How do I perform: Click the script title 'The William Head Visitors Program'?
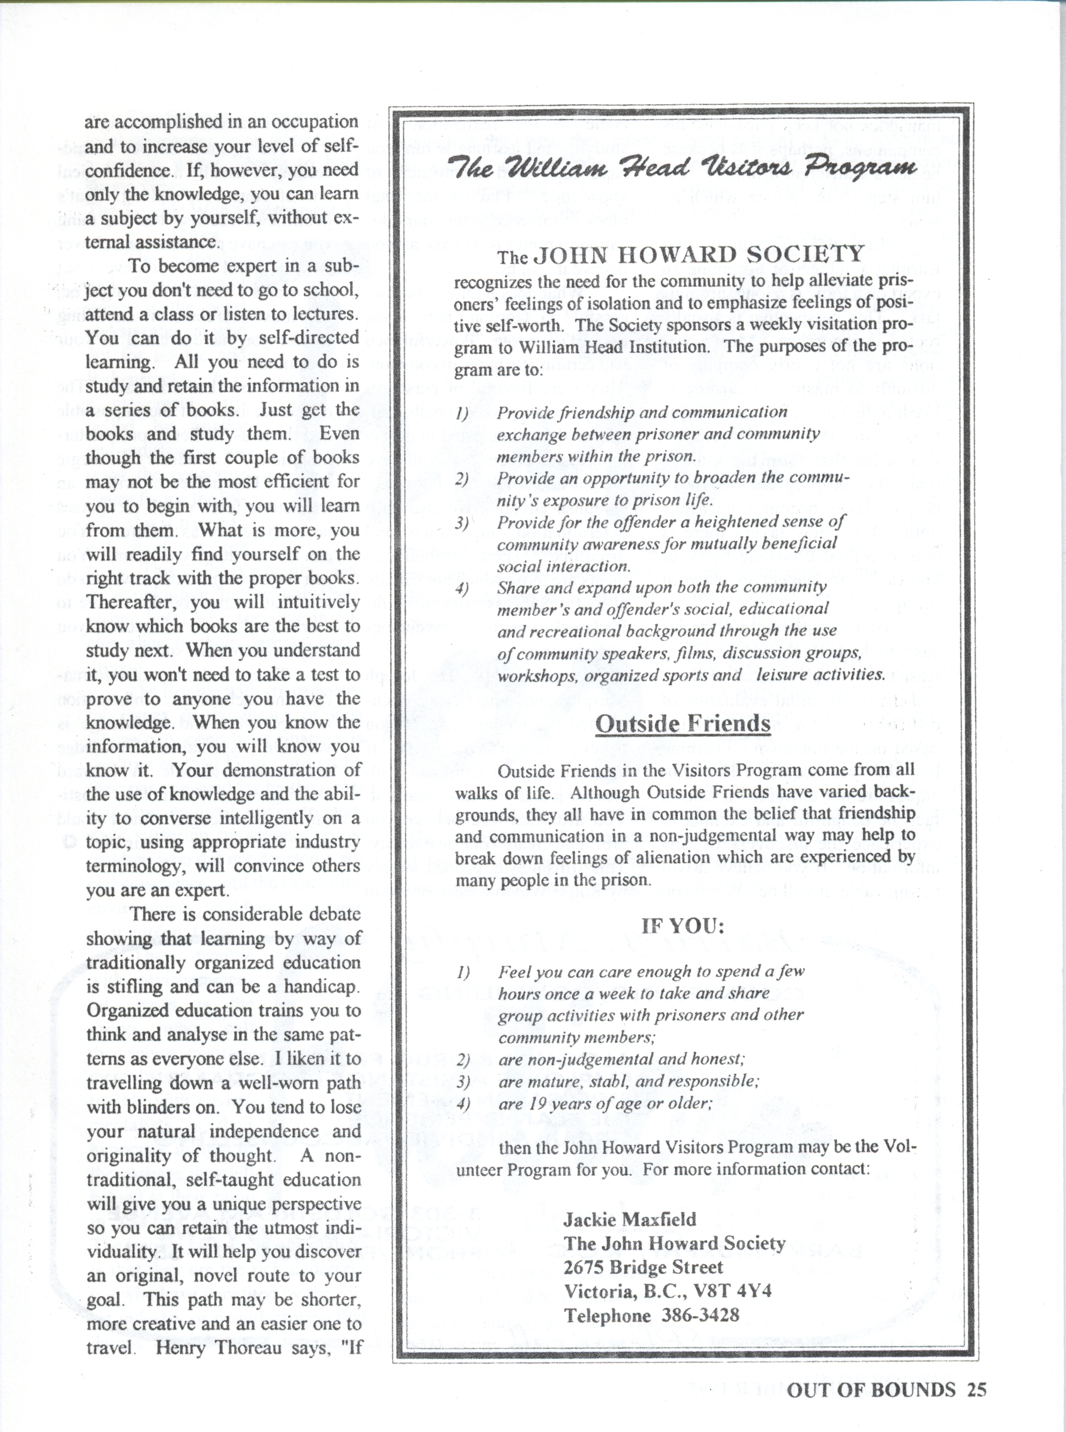[684, 169]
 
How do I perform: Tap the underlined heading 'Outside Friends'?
[682, 724]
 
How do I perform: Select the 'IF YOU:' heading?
[682, 926]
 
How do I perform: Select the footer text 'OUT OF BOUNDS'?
[871, 1389]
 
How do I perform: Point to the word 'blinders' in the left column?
[147, 1107]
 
